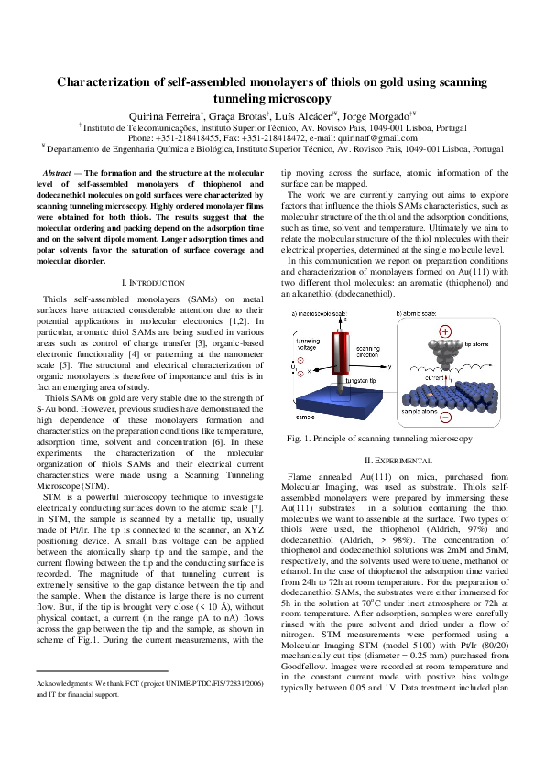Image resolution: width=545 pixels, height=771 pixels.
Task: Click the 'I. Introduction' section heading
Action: pos(154,283)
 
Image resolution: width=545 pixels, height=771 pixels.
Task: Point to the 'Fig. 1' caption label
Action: pos(300,439)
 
